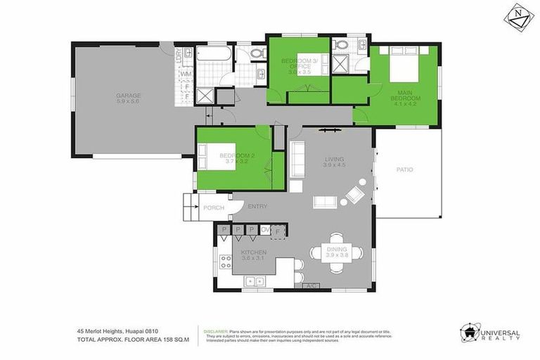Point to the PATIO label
(404, 169)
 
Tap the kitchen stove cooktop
(226, 262)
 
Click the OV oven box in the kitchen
(266, 230)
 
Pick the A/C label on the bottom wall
(310, 286)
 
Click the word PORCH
(213, 208)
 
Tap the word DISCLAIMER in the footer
(216, 330)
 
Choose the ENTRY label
(257, 206)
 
